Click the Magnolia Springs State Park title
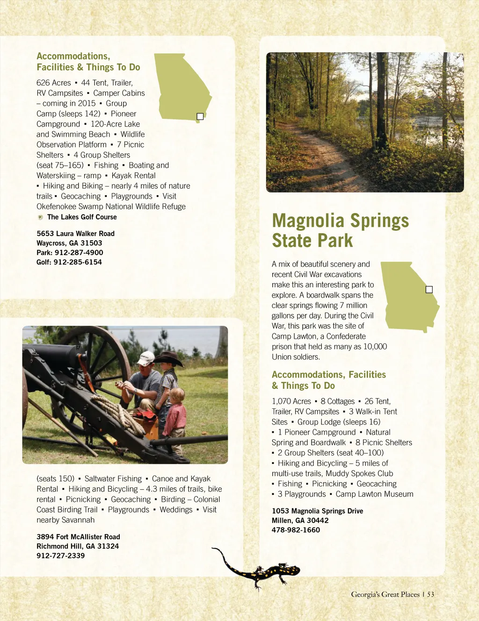click(x=340, y=230)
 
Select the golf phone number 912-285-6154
click(x=77, y=262)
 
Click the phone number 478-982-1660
click(x=296, y=530)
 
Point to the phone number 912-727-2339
click(x=61, y=556)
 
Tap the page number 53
click(x=430, y=594)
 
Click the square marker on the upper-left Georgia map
click(x=200, y=116)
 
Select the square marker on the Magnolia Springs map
click(x=429, y=290)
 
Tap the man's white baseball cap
click(x=146, y=358)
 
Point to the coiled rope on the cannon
click(x=117, y=411)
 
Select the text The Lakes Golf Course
click(x=82, y=217)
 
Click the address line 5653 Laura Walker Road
click(x=75, y=233)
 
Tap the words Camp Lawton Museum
click(x=374, y=494)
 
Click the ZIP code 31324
click(x=108, y=546)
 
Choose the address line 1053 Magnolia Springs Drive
click(x=317, y=511)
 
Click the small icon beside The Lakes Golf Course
click(x=40, y=217)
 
